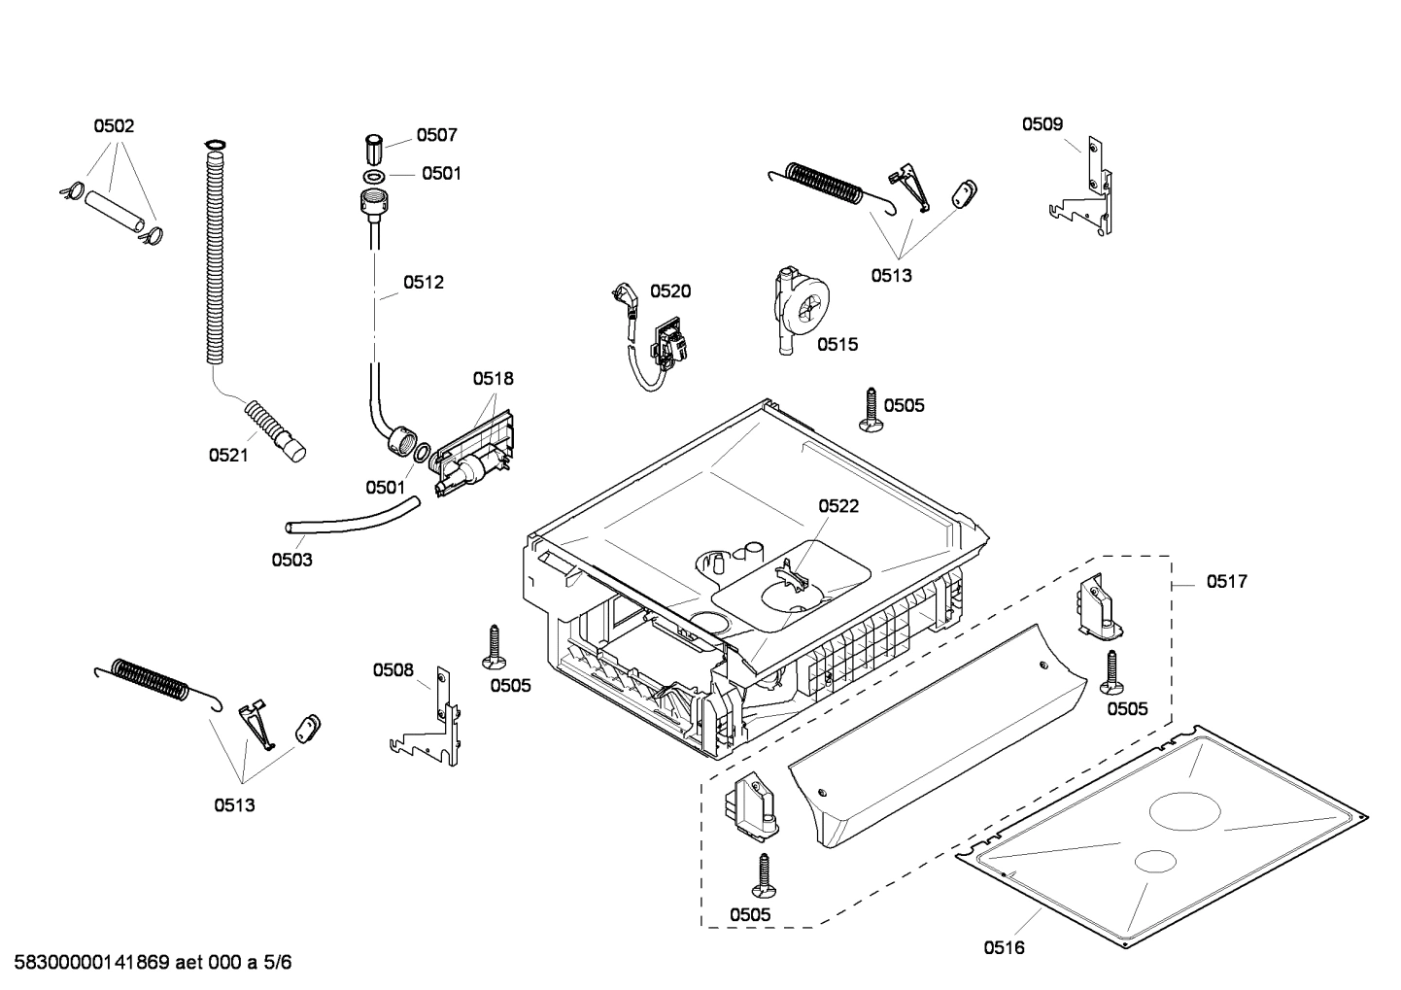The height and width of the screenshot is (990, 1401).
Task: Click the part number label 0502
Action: point(114,125)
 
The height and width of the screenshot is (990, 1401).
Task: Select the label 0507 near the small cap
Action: point(436,135)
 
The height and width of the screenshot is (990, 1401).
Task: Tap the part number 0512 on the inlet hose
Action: point(424,283)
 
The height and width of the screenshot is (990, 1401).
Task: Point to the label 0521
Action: point(228,455)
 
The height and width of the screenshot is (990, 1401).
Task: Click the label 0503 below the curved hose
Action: point(291,560)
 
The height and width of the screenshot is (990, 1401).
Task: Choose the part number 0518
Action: point(494,378)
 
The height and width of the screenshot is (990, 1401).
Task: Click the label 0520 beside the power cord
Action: point(670,290)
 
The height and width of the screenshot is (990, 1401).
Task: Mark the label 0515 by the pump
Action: point(837,344)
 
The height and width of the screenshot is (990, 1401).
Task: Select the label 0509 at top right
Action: point(1042,123)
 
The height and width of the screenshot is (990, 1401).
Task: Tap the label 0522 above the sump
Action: point(838,506)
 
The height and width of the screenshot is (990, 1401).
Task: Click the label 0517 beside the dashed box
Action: point(1227,581)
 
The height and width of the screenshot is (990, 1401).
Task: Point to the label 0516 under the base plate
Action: point(1004,947)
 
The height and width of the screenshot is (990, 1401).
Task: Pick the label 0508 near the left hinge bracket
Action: point(393,669)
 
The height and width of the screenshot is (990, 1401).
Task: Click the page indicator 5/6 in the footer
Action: point(277,963)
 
